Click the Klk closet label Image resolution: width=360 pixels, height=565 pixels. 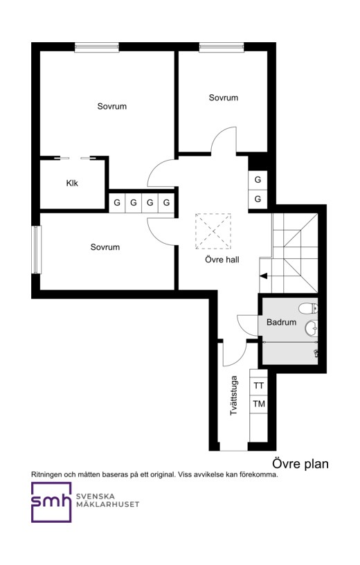point(72,183)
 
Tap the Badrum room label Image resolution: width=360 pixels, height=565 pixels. point(282,322)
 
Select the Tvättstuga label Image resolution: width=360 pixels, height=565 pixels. point(234,395)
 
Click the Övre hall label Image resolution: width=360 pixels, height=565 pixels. point(222,260)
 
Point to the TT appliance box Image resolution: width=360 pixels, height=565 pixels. point(258,386)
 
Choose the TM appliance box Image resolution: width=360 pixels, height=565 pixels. point(258,404)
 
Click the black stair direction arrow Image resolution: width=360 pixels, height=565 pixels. point(264,276)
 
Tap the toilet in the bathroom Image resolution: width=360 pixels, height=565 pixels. point(308,308)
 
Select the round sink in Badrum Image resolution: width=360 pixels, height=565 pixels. point(312,328)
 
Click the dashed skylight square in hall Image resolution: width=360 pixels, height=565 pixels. point(213,231)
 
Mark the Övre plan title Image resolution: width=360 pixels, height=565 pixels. point(300,464)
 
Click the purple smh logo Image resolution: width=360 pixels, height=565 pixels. point(51,502)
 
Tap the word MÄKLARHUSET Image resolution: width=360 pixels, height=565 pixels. point(107,505)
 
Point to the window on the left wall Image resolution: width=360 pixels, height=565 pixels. point(36,249)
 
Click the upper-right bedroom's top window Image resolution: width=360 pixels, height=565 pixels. point(222,47)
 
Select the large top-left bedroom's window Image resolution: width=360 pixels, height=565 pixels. point(96,47)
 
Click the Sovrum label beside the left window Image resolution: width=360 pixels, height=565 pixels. point(105,247)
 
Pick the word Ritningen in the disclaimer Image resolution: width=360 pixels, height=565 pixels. point(47,475)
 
